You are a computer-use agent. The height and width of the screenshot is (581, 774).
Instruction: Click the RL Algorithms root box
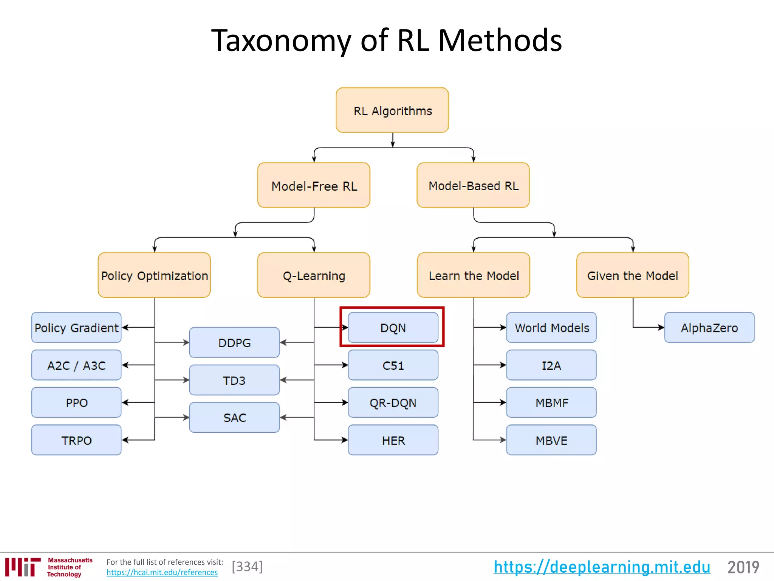pos(392,110)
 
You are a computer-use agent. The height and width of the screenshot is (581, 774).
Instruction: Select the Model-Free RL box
pos(314,185)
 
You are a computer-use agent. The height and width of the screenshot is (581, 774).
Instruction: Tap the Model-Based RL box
pos(473,185)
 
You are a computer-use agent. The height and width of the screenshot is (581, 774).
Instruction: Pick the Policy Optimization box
pos(154,275)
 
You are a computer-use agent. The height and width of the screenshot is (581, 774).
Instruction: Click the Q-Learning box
pos(314,275)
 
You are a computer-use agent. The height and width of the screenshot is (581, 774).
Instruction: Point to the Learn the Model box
pos(474,275)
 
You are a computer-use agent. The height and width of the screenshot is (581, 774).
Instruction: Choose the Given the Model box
pos(633,275)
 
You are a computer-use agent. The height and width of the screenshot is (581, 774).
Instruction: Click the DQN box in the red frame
pos(393,328)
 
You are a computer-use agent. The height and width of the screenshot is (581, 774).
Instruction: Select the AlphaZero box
pos(709,328)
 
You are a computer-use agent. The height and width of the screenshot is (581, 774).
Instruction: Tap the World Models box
pos(551,328)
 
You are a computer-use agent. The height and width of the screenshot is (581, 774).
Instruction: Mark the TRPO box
pos(76,440)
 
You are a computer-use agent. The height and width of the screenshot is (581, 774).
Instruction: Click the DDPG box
pos(234,343)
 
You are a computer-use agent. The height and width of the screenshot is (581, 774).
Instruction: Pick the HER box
pos(393,440)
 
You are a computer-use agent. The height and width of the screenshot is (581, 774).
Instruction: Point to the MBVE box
pos(551,440)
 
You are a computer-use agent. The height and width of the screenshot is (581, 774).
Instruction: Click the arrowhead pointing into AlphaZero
pos(661,328)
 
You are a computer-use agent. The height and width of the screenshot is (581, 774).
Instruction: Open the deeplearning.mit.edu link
pos(602,567)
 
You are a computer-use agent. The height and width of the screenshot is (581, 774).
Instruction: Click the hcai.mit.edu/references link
pos(162,572)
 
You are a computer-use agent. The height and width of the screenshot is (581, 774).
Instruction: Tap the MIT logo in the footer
pos(23,567)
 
